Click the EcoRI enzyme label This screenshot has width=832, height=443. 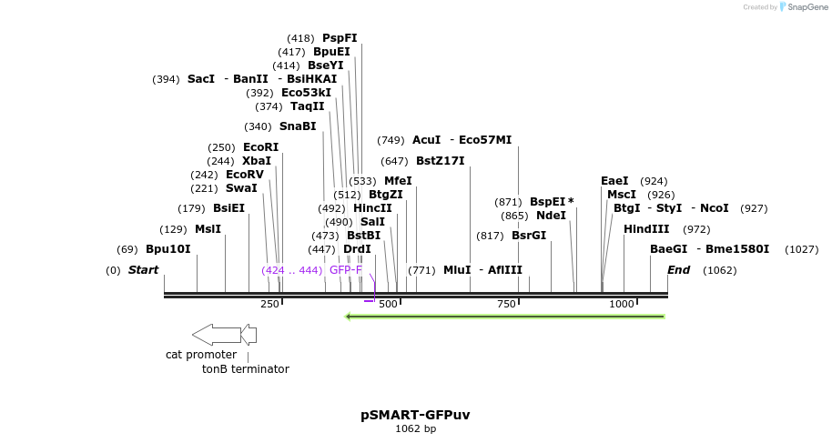[260, 147]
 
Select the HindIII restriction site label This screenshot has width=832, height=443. [646, 229]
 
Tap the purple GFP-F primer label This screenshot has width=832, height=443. [346, 270]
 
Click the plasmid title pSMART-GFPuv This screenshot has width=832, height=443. [415, 415]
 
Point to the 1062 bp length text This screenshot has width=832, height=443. [415, 429]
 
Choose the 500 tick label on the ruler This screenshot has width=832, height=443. [389, 304]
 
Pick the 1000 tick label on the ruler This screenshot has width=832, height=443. [622, 304]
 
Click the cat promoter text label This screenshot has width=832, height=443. [201, 355]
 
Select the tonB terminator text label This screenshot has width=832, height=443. [246, 369]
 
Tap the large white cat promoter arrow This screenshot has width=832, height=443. [216, 334]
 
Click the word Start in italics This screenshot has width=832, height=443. [143, 270]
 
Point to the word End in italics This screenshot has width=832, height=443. [679, 270]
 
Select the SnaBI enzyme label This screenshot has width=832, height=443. [298, 126]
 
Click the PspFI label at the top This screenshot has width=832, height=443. [340, 38]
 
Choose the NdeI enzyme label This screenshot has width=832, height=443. [551, 216]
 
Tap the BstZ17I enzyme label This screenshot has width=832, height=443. [441, 161]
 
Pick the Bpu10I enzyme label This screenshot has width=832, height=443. [168, 249]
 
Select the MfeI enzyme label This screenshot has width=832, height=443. [398, 181]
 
